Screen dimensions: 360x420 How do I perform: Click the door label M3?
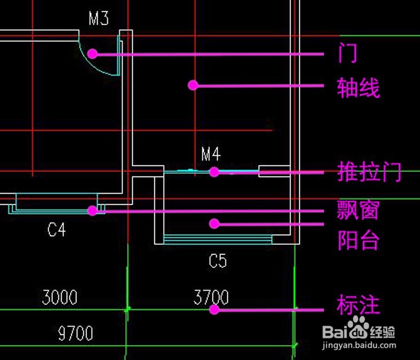click(x=99, y=19)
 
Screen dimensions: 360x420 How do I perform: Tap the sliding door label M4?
click(x=211, y=155)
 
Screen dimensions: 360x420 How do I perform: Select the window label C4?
click(x=57, y=230)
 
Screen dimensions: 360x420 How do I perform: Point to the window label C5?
click(x=218, y=261)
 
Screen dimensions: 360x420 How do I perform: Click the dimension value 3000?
click(x=59, y=297)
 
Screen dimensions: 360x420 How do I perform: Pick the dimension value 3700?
click(x=211, y=297)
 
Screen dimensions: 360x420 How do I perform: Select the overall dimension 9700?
click(x=75, y=334)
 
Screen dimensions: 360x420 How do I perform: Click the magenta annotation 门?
click(x=347, y=53)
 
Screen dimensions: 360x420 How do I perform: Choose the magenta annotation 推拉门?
click(x=369, y=172)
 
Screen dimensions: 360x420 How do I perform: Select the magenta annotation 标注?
click(x=358, y=306)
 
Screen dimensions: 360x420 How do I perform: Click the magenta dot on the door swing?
click(x=92, y=53)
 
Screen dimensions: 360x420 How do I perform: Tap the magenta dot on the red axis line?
click(x=193, y=85)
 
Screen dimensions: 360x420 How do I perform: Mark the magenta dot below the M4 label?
click(x=214, y=172)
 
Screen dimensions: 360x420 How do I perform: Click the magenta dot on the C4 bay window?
click(x=92, y=211)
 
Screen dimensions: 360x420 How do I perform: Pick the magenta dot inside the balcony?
click(x=214, y=223)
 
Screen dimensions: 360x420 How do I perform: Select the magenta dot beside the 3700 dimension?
click(x=214, y=309)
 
